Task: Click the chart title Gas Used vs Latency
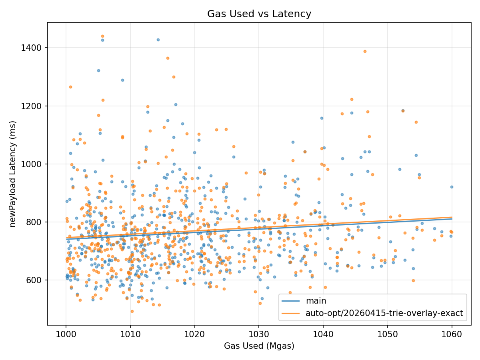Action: [x=259, y=14]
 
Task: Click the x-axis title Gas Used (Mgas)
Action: [x=259, y=346]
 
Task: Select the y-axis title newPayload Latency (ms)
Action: [x=13, y=174]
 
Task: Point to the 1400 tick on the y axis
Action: [x=31, y=48]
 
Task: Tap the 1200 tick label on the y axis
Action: [x=31, y=106]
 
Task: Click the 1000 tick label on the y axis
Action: [x=31, y=164]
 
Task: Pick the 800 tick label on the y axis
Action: [x=34, y=222]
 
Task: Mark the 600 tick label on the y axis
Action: [x=34, y=280]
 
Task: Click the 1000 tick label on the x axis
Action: [x=66, y=334]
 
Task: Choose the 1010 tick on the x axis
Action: [x=130, y=334]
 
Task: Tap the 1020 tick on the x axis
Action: [x=195, y=334]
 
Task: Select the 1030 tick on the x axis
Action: [x=259, y=334]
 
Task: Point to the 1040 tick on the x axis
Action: [x=323, y=334]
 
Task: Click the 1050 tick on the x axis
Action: [x=388, y=334]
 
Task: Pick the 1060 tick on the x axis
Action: [x=452, y=334]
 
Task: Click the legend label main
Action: [x=316, y=301]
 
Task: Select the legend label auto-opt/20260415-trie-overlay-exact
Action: [x=384, y=314]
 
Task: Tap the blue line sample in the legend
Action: [x=291, y=301]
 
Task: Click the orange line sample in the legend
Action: [x=291, y=314]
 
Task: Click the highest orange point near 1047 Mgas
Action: [x=365, y=52]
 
